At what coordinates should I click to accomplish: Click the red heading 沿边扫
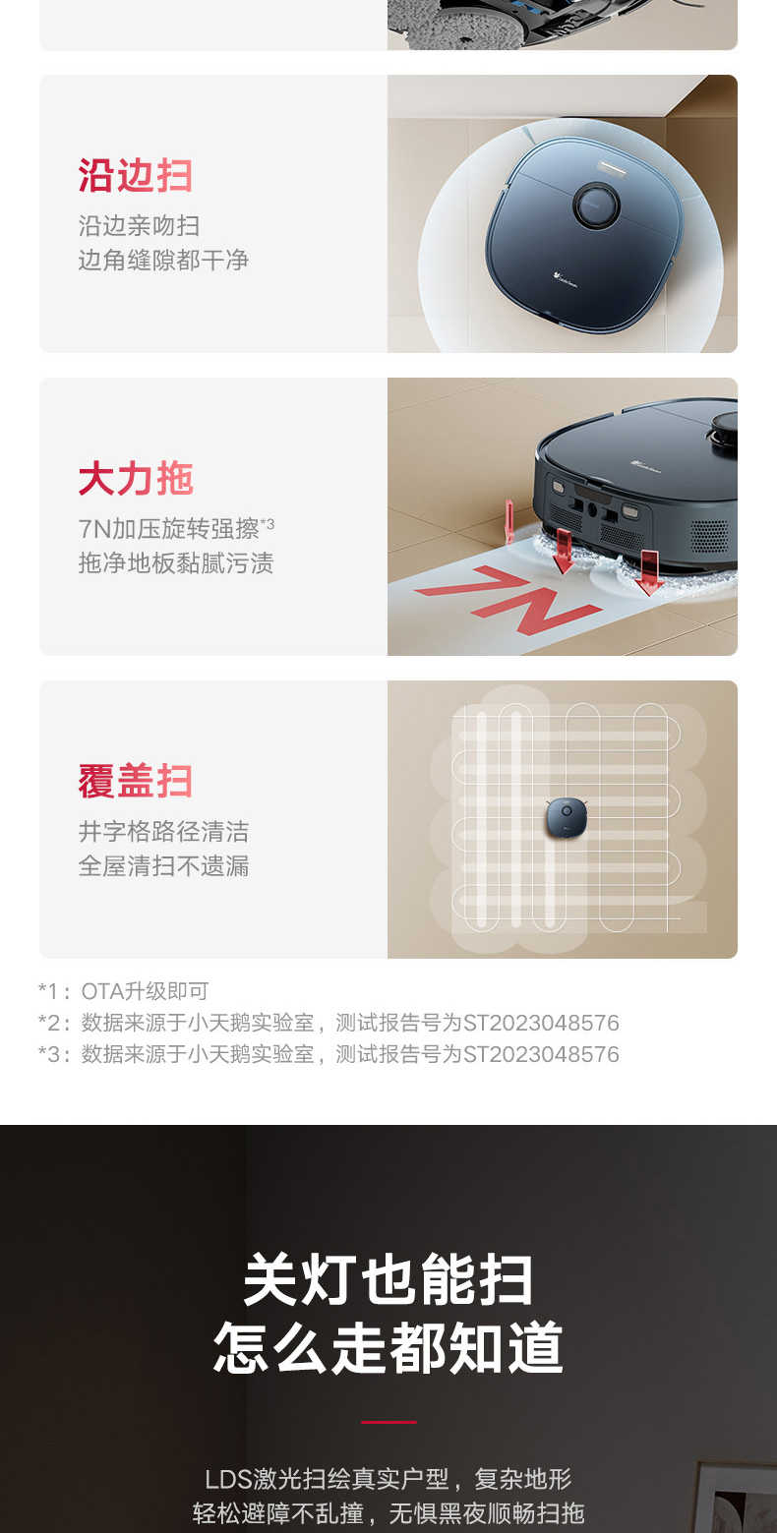tap(135, 175)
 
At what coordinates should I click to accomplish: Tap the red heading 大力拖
tap(136, 478)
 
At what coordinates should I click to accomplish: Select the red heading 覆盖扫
tap(135, 781)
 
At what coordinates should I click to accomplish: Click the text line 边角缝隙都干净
tap(163, 260)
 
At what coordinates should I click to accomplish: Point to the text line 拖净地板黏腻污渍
tap(176, 563)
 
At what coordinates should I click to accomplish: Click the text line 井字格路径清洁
tap(163, 832)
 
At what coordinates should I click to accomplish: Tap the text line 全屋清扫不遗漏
tap(163, 865)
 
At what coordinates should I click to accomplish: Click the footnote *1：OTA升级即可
tap(123, 991)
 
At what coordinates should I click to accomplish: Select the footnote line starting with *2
tap(329, 1023)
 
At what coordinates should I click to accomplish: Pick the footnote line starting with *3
tap(329, 1054)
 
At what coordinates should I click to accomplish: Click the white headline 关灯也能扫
tap(388, 1279)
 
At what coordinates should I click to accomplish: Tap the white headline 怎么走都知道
tap(388, 1347)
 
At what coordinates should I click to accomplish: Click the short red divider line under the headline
tap(388, 1422)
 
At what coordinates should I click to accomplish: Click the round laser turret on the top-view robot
tap(596, 204)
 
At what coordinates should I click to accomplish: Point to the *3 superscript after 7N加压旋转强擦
tap(267, 523)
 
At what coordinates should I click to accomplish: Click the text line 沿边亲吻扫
tap(139, 226)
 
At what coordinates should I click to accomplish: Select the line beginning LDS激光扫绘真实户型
tap(388, 1478)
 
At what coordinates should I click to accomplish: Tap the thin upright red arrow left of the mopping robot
tap(509, 521)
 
